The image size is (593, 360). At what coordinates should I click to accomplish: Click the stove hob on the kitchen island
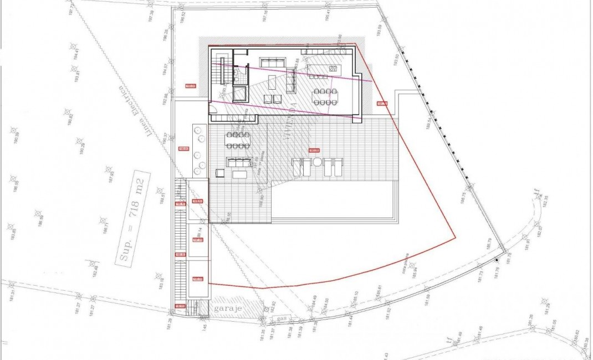pyautogui.click(x=334, y=68)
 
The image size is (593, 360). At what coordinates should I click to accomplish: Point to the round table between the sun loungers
pyautogui.click(x=316, y=163)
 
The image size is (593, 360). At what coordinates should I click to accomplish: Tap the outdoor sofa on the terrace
pyautogui.click(x=239, y=162)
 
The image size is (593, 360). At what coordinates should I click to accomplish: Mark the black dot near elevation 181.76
pyautogui.click(x=497, y=260)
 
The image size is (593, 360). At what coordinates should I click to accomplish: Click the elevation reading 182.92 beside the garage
pyautogui.click(x=272, y=306)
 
